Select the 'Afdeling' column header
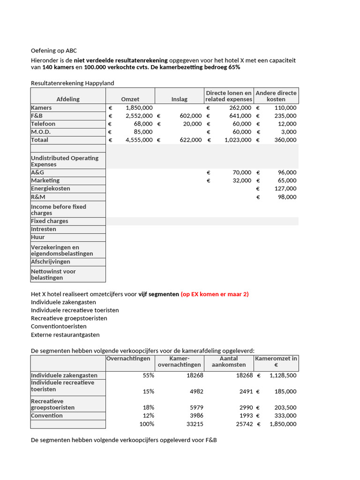tap(68, 99)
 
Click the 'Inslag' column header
tap(179, 99)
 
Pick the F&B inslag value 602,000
tap(190, 116)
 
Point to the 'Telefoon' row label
tap(43, 124)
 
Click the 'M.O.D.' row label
tap(41, 132)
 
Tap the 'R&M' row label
tap(38, 197)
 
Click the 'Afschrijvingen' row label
tap(51, 262)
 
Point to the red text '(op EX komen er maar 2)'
tap(215, 294)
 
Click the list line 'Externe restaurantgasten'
tap(65, 335)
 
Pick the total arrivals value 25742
tap(243, 424)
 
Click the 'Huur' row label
tap(38, 237)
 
